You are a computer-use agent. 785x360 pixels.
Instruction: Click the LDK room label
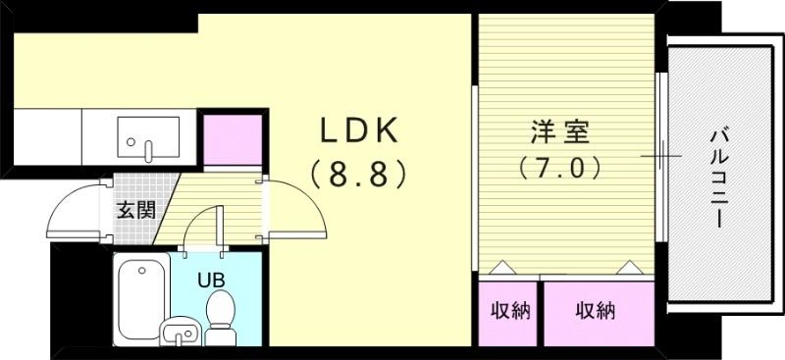358,130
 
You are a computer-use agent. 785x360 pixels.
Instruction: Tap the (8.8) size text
358,175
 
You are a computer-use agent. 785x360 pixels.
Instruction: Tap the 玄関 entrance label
135,209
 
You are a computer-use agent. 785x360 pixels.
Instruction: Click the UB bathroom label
211,278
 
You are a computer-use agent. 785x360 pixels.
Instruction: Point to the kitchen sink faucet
148,150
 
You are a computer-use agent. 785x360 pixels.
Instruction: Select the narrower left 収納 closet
509,312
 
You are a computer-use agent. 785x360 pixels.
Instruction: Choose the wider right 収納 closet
597,312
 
